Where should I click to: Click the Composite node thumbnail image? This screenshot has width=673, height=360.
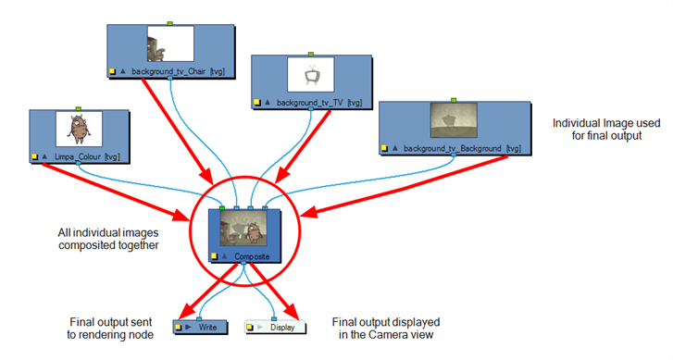pos(244,230)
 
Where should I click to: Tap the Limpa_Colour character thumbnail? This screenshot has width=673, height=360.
pos(78,129)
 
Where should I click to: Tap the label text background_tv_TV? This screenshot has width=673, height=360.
pos(300,99)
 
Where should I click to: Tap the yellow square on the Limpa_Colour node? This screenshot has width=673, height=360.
pos(35,157)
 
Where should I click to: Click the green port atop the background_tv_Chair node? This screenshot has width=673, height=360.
pos(169,21)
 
